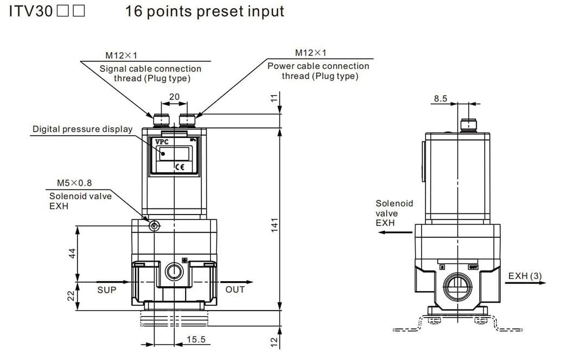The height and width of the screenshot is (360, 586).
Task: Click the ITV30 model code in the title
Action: pyautogui.click(x=30, y=11)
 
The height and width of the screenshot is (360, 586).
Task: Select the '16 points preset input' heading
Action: pyautogui.click(x=205, y=11)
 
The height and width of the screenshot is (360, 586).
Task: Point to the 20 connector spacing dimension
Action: pyautogui.click(x=174, y=97)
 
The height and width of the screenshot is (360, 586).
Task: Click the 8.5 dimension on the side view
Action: pyautogui.click(x=440, y=98)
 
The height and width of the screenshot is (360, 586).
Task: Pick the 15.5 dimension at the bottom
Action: pyautogui.click(x=196, y=339)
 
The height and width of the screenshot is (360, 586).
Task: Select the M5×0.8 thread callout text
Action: pyautogui.click(x=74, y=183)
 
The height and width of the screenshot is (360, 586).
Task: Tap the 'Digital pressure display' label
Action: pyautogui.click(x=82, y=129)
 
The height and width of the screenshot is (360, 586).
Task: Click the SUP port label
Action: pyautogui.click(x=106, y=290)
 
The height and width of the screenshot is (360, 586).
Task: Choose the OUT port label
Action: pyautogui.click(x=235, y=289)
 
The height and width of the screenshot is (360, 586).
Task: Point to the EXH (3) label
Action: pyautogui.click(x=525, y=276)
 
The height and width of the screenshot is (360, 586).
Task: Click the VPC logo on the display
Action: pyautogui.click(x=162, y=142)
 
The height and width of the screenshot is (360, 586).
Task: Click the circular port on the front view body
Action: pyautogui.click(x=174, y=271)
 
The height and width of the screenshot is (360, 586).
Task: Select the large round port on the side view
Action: pyautogui.click(x=457, y=285)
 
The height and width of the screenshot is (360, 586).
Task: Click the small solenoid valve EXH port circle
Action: pyautogui.click(x=154, y=225)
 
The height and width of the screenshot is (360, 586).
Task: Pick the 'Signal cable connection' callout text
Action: pyautogui.click(x=150, y=69)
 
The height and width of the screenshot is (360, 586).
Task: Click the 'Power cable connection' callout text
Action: pyautogui.click(x=318, y=66)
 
